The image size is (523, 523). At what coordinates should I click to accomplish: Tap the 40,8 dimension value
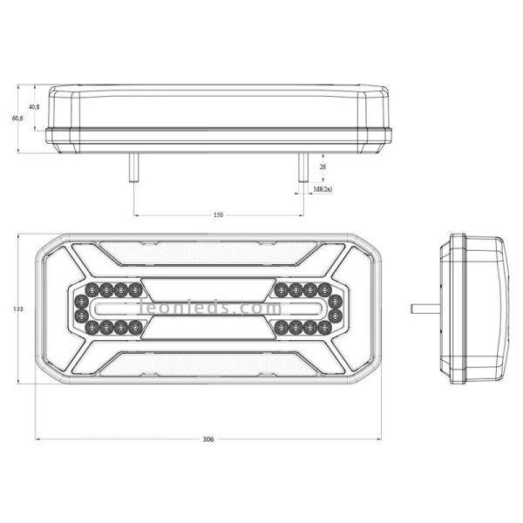pyautogui.click(x=34, y=106)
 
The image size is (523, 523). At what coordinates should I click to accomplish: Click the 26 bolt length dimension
pyautogui.click(x=323, y=166)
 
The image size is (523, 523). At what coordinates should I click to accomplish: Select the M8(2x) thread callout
pyautogui.click(x=323, y=189)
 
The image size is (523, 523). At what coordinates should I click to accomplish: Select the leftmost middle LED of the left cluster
pyautogui.click(x=81, y=309)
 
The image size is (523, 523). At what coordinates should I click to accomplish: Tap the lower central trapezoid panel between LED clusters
pyautogui.click(x=210, y=328)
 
